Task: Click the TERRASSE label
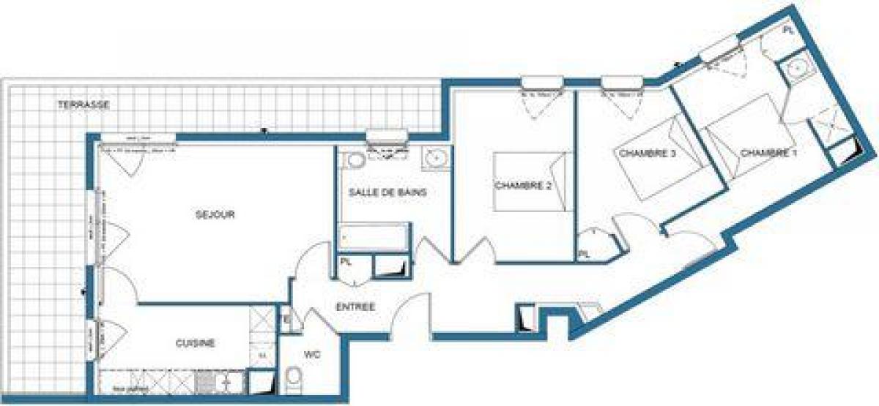[x=84, y=105]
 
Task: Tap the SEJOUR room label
[x=215, y=214]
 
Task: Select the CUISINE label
[x=195, y=342]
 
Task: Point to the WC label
[x=312, y=354]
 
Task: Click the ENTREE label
[x=356, y=307]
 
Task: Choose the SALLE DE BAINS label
[x=387, y=192]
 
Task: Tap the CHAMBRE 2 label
[x=523, y=186]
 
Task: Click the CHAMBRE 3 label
[x=647, y=153]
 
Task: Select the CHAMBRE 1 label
[x=768, y=153]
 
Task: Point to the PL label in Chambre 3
[x=584, y=254]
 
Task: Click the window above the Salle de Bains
[x=386, y=135]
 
